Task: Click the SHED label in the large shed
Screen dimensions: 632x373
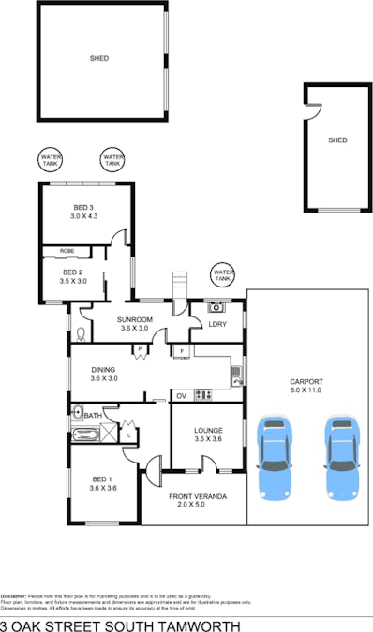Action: click(x=99, y=58)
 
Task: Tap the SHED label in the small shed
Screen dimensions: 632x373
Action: click(x=337, y=140)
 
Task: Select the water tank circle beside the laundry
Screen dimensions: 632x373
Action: click(x=222, y=273)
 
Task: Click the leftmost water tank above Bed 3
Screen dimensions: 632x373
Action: click(x=51, y=160)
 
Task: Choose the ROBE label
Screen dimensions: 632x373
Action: click(x=67, y=251)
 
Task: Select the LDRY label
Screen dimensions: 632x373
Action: click(x=217, y=324)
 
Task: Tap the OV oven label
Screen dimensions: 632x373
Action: click(x=181, y=395)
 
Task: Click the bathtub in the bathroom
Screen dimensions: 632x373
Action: click(x=85, y=434)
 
